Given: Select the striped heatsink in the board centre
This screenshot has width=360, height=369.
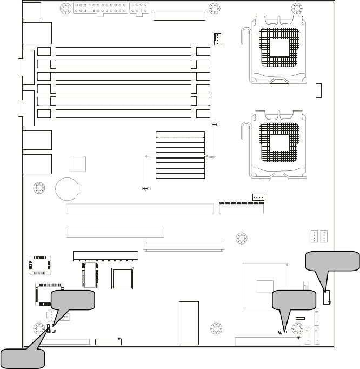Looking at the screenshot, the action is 180,155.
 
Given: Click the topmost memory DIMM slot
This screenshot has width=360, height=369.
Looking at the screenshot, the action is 124,52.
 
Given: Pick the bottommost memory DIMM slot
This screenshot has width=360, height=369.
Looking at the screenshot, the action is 124,114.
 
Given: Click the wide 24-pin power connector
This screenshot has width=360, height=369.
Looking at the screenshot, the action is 99,9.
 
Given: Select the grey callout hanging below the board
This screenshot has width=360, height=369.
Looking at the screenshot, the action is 22,357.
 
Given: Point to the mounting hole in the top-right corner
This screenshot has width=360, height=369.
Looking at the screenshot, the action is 297,9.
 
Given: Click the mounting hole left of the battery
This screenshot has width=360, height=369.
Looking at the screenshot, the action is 39,188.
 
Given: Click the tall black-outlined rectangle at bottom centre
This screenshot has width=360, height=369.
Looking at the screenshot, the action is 189,322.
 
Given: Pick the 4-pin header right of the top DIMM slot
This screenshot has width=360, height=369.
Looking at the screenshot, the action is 217,39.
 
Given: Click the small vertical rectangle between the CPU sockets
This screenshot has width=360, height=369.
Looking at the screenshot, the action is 319,91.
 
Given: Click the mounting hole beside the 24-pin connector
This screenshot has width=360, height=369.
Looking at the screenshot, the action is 65,9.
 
